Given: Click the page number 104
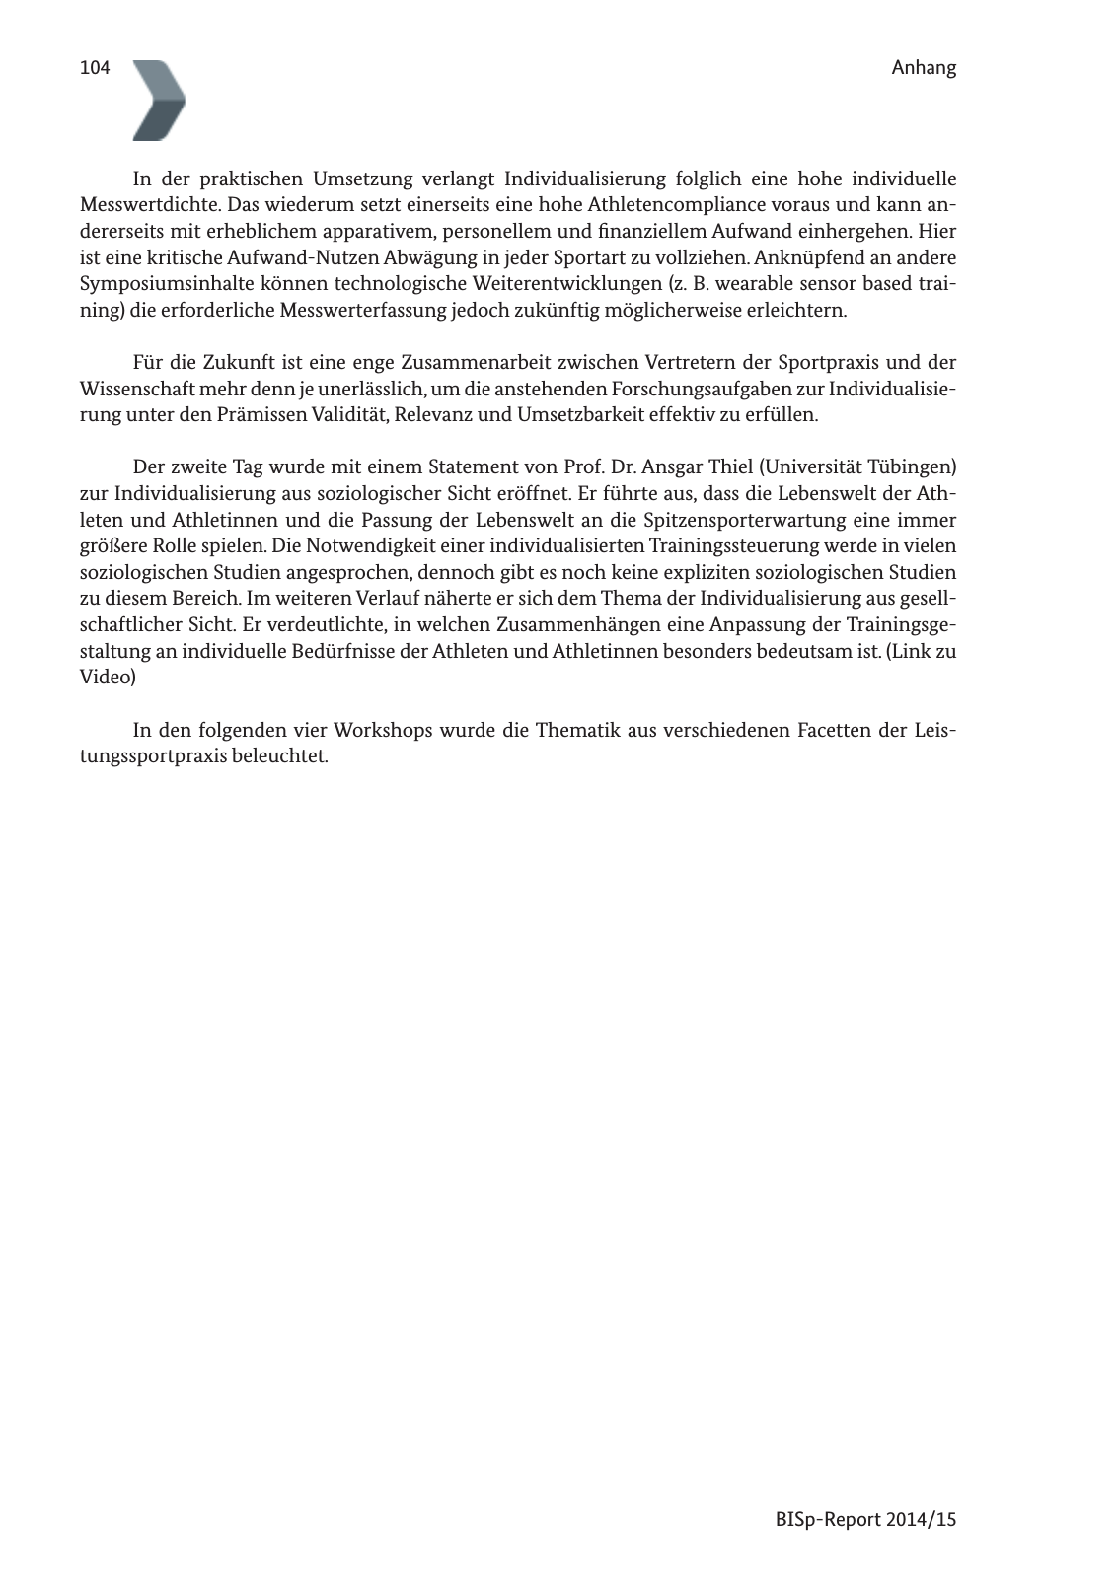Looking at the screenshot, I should point(94,68).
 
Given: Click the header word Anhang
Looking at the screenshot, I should point(924,68).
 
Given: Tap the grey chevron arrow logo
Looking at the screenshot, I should point(159,100).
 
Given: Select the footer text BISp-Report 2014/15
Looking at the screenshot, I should point(865,1519).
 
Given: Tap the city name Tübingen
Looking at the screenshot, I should point(909,466).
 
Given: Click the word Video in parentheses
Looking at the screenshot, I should point(106,678).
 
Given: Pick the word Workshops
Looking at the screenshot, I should point(383,731).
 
